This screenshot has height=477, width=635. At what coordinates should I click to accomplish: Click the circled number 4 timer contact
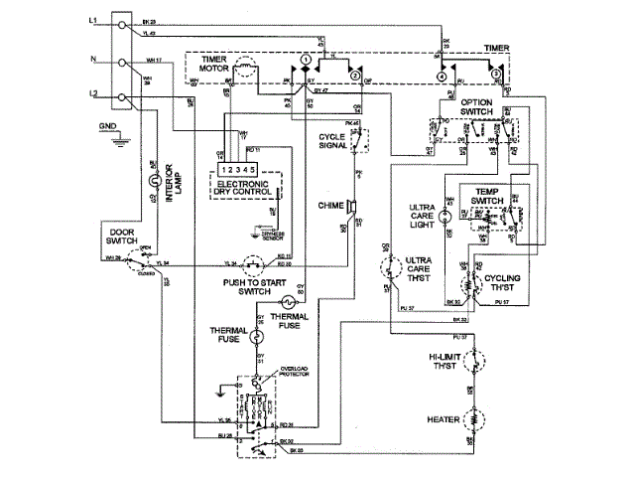[x=440, y=75]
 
